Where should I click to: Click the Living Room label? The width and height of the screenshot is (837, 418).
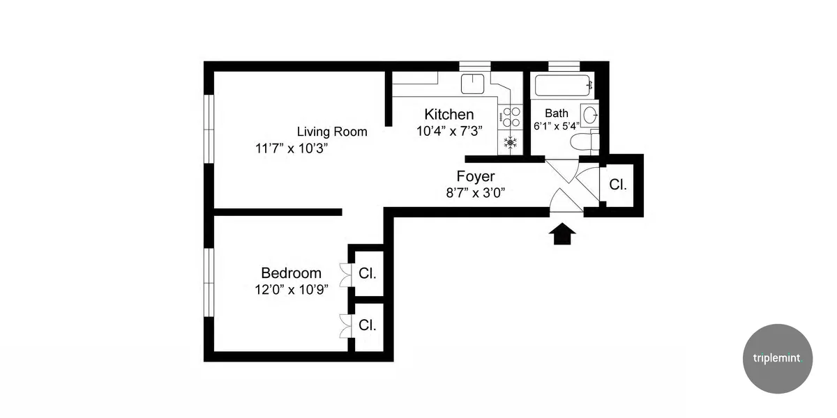click(332, 131)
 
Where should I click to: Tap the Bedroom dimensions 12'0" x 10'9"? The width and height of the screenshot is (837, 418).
click(292, 289)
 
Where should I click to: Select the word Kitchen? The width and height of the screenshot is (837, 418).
click(449, 114)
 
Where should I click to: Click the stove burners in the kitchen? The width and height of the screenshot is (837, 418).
click(511, 118)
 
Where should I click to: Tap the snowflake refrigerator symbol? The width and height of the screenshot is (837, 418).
click(511, 143)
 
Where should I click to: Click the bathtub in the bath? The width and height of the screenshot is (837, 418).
click(564, 87)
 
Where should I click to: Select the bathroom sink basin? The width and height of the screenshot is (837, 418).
click(589, 114)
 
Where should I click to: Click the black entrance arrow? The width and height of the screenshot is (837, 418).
click(563, 234)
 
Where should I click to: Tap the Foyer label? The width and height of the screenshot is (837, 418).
click(476, 176)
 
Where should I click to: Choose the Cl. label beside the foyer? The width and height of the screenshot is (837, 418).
click(618, 185)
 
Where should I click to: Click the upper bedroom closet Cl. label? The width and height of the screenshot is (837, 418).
click(368, 274)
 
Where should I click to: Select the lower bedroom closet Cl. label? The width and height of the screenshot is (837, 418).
click(368, 325)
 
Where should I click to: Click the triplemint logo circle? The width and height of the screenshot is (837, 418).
click(778, 359)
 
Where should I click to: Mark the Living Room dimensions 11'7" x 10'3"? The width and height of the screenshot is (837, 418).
click(292, 148)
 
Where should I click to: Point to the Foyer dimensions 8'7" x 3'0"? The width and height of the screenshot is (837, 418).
click(476, 193)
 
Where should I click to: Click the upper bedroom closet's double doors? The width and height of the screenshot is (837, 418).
click(345, 274)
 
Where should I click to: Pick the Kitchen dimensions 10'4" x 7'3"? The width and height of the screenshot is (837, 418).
click(449, 131)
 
